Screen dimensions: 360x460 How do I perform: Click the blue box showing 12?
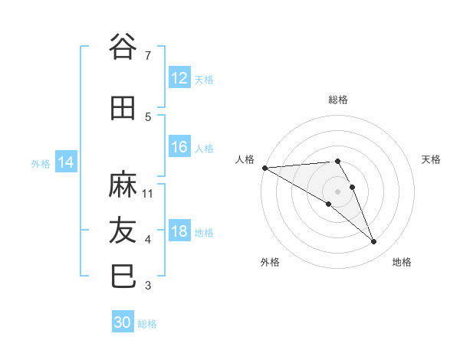coord(179,78)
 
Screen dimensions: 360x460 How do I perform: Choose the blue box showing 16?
coord(179,147)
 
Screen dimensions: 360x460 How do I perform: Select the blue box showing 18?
coord(179,231)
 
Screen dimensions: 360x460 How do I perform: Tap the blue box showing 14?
coord(65,162)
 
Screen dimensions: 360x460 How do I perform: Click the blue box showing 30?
coord(123,322)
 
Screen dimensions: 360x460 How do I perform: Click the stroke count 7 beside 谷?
coord(148,55)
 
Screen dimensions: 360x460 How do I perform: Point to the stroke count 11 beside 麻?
coord(148,193)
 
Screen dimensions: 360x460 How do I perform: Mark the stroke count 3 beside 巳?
coord(148,286)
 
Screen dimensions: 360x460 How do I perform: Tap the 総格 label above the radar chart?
coord(338,100)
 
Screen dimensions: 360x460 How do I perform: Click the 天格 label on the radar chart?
coord(432,159)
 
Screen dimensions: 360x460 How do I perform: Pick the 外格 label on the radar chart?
coord(270,262)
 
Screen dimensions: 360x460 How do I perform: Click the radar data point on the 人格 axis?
coord(264,168)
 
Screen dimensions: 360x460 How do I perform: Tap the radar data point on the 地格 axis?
coord(374,242)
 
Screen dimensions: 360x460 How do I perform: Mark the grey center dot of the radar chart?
coord(338,191)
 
